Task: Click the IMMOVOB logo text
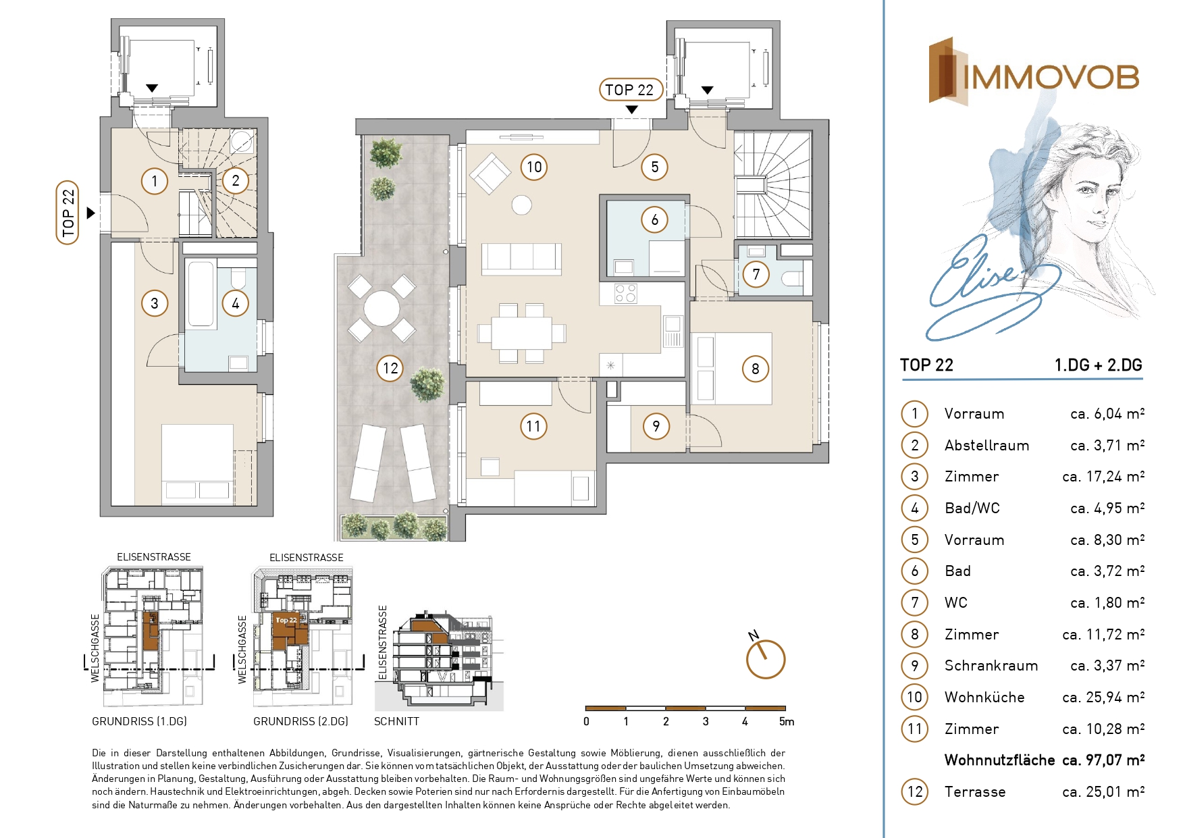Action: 1051,77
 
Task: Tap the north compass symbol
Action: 765,656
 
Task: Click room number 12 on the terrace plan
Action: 390,368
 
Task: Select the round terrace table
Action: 381,309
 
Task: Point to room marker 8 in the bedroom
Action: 756,369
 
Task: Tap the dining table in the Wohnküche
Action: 521,333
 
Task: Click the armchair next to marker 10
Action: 491,174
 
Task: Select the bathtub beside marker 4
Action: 201,294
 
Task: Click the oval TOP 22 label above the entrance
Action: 629,90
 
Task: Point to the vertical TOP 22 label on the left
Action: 68,213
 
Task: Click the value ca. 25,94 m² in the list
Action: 1103,697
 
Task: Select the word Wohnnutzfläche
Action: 999,760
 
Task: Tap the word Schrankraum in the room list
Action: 991,666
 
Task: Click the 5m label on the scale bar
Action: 787,722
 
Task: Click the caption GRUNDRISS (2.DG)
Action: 300,721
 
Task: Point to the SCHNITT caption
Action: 396,721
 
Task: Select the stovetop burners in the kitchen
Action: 626,293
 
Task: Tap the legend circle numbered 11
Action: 915,729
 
